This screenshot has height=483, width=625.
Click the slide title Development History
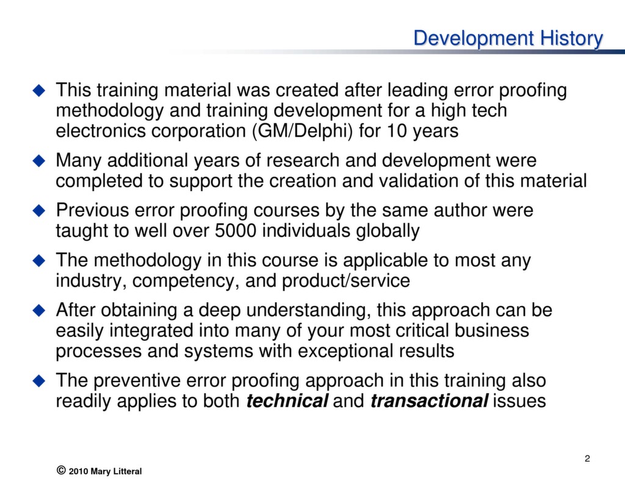click(x=508, y=38)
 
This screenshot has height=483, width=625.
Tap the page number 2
click(x=587, y=459)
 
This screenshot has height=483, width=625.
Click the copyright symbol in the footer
click(x=61, y=470)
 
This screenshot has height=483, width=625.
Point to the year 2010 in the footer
click(x=79, y=471)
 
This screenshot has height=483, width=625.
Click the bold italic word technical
click(x=287, y=401)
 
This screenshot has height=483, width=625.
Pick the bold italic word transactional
click(x=429, y=401)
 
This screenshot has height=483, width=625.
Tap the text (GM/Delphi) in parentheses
click(x=303, y=131)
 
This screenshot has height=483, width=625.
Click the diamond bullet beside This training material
click(x=39, y=90)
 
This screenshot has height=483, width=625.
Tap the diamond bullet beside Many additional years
click(x=39, y=161)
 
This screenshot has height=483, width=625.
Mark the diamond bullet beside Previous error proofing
click(x=39, y=211)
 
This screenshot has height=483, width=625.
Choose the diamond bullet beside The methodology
click(x=39, y=261)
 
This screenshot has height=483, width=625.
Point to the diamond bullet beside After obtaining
click(x=39, y=310)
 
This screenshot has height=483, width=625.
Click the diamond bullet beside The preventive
click(x=39, y=380)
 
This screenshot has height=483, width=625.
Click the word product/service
click(x=346, y=281)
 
